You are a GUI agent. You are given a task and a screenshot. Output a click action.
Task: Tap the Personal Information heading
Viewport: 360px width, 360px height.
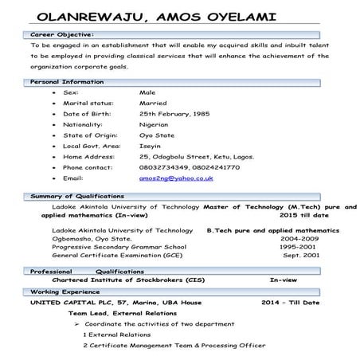(x=67, y=82)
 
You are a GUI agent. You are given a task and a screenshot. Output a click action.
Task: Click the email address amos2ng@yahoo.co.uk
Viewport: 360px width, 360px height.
(x=176, y=178)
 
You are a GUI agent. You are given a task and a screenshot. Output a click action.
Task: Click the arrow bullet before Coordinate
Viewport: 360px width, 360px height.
(x=76, y=325)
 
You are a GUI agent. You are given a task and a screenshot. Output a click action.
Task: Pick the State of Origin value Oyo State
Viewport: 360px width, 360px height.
(x=156, y=135)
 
